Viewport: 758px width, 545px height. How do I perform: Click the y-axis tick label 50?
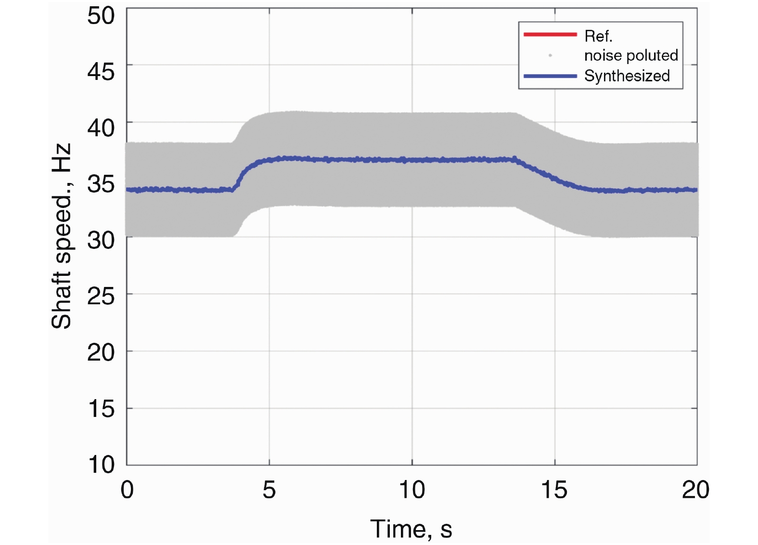point(101,16)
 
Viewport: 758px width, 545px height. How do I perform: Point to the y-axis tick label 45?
point(101,72)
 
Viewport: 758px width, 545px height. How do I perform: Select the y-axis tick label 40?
point(101,129)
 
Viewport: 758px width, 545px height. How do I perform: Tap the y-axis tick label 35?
point(101,184)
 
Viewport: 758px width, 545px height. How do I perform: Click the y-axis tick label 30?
point(101,240)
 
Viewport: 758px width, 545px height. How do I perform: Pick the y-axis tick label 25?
point(101,297)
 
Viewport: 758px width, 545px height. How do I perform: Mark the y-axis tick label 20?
point(101,353)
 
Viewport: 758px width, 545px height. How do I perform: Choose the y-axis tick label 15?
point(101,409)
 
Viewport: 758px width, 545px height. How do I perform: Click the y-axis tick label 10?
point(101,465)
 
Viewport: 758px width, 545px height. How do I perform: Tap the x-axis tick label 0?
point(127,490)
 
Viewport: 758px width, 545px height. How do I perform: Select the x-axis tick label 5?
point(269,490)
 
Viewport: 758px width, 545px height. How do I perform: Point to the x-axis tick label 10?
point(412,490)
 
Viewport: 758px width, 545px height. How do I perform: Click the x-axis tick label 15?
point(554,490)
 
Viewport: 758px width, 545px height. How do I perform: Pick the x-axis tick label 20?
point(695,490)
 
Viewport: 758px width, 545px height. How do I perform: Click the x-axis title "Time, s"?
point(411,529)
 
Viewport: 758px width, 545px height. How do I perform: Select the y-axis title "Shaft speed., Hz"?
point(62,236)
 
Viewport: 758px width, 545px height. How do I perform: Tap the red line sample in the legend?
point(550,34)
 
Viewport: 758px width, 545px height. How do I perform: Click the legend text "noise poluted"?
point(631,55)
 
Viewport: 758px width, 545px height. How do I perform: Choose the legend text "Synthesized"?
point(627,76)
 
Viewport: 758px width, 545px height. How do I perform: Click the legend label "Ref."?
point(598,36)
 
